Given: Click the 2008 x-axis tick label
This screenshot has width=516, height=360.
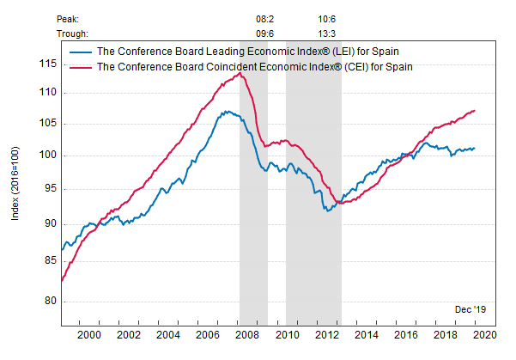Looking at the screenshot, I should coord(247,334).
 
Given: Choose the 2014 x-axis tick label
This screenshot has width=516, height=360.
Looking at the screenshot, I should coord(366,334).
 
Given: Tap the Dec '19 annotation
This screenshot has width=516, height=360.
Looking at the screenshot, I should coord(470,308).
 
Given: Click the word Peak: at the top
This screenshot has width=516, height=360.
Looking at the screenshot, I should coord(69,18).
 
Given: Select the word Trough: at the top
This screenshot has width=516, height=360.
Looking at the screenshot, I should coord(72,34).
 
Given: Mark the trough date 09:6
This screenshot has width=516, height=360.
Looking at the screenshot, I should coord(267,34).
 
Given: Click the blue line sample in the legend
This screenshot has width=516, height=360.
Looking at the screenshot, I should coord(81,52).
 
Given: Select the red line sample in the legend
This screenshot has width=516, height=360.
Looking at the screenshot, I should coord(81,65).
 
